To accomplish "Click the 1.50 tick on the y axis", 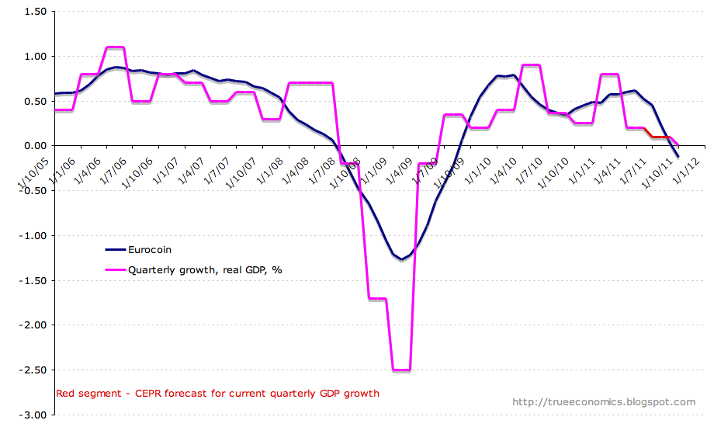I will [34, 12].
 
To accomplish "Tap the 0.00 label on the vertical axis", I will [34, 146].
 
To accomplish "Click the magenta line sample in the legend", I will [119, 269].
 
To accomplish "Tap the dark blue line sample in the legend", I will [119, 250].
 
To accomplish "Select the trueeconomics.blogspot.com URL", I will [604, 402].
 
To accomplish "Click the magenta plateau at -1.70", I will [377, 298].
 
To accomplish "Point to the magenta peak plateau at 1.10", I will [115, 47].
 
